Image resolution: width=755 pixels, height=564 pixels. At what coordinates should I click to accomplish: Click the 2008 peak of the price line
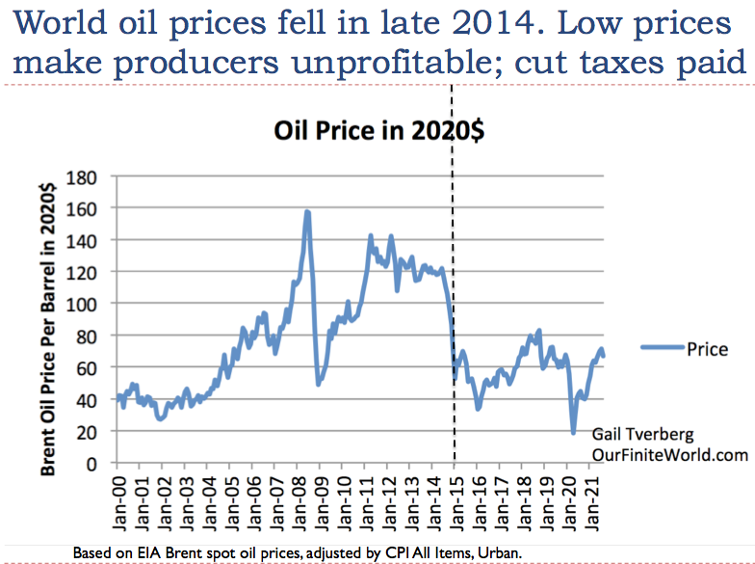[307, 211]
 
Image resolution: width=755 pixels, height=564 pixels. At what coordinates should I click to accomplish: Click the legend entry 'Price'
[707, 349]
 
